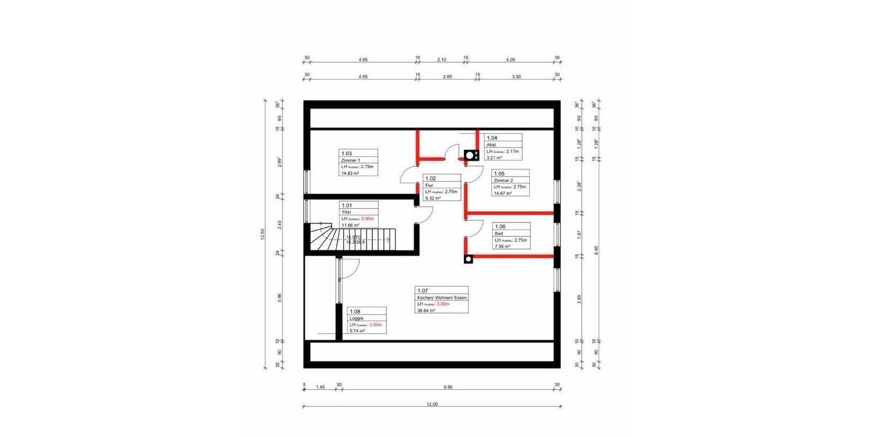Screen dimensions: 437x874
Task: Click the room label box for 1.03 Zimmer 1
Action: [x=358, y=164]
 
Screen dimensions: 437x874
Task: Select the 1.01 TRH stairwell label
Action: [x=358, y=216]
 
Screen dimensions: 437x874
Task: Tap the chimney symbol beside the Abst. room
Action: [x=471, y=154]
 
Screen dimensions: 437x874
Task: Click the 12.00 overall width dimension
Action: [x=432, y=403]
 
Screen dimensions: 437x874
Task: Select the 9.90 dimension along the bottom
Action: [x=447, y=387]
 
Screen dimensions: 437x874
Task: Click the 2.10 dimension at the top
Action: [x=441, y=58]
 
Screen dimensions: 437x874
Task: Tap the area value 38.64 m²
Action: [x=426, y=310]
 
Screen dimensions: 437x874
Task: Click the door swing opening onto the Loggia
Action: [x=347, y=269]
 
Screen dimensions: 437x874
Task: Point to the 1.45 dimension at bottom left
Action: [x=320, y=387]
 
